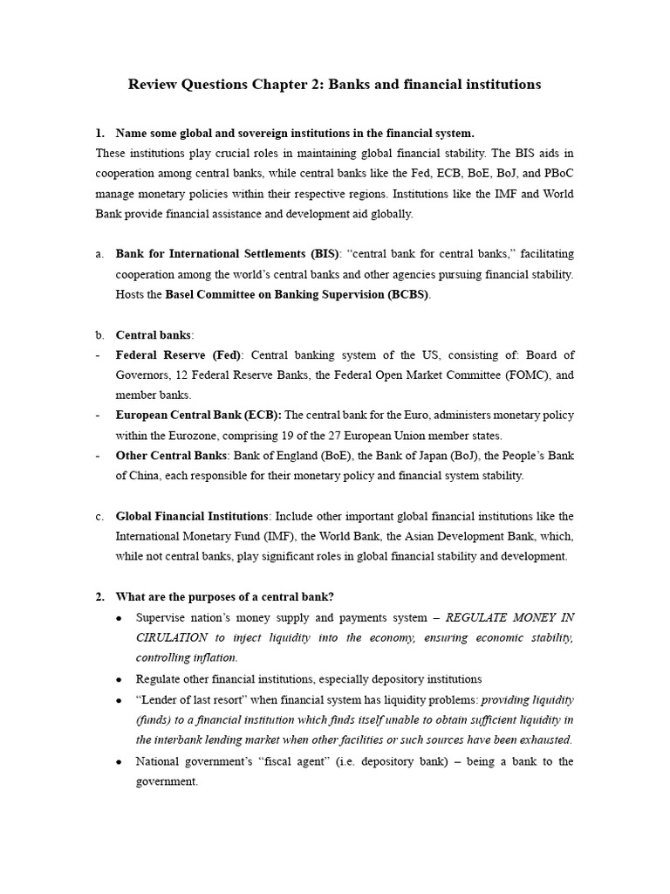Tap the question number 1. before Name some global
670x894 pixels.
(100, 134)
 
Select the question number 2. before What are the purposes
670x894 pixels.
(100, 596)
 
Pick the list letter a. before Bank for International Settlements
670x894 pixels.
(99, 253)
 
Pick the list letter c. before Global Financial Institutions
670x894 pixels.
(99, 516)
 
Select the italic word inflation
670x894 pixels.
(209, 657)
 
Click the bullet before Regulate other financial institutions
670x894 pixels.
(119, 679)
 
